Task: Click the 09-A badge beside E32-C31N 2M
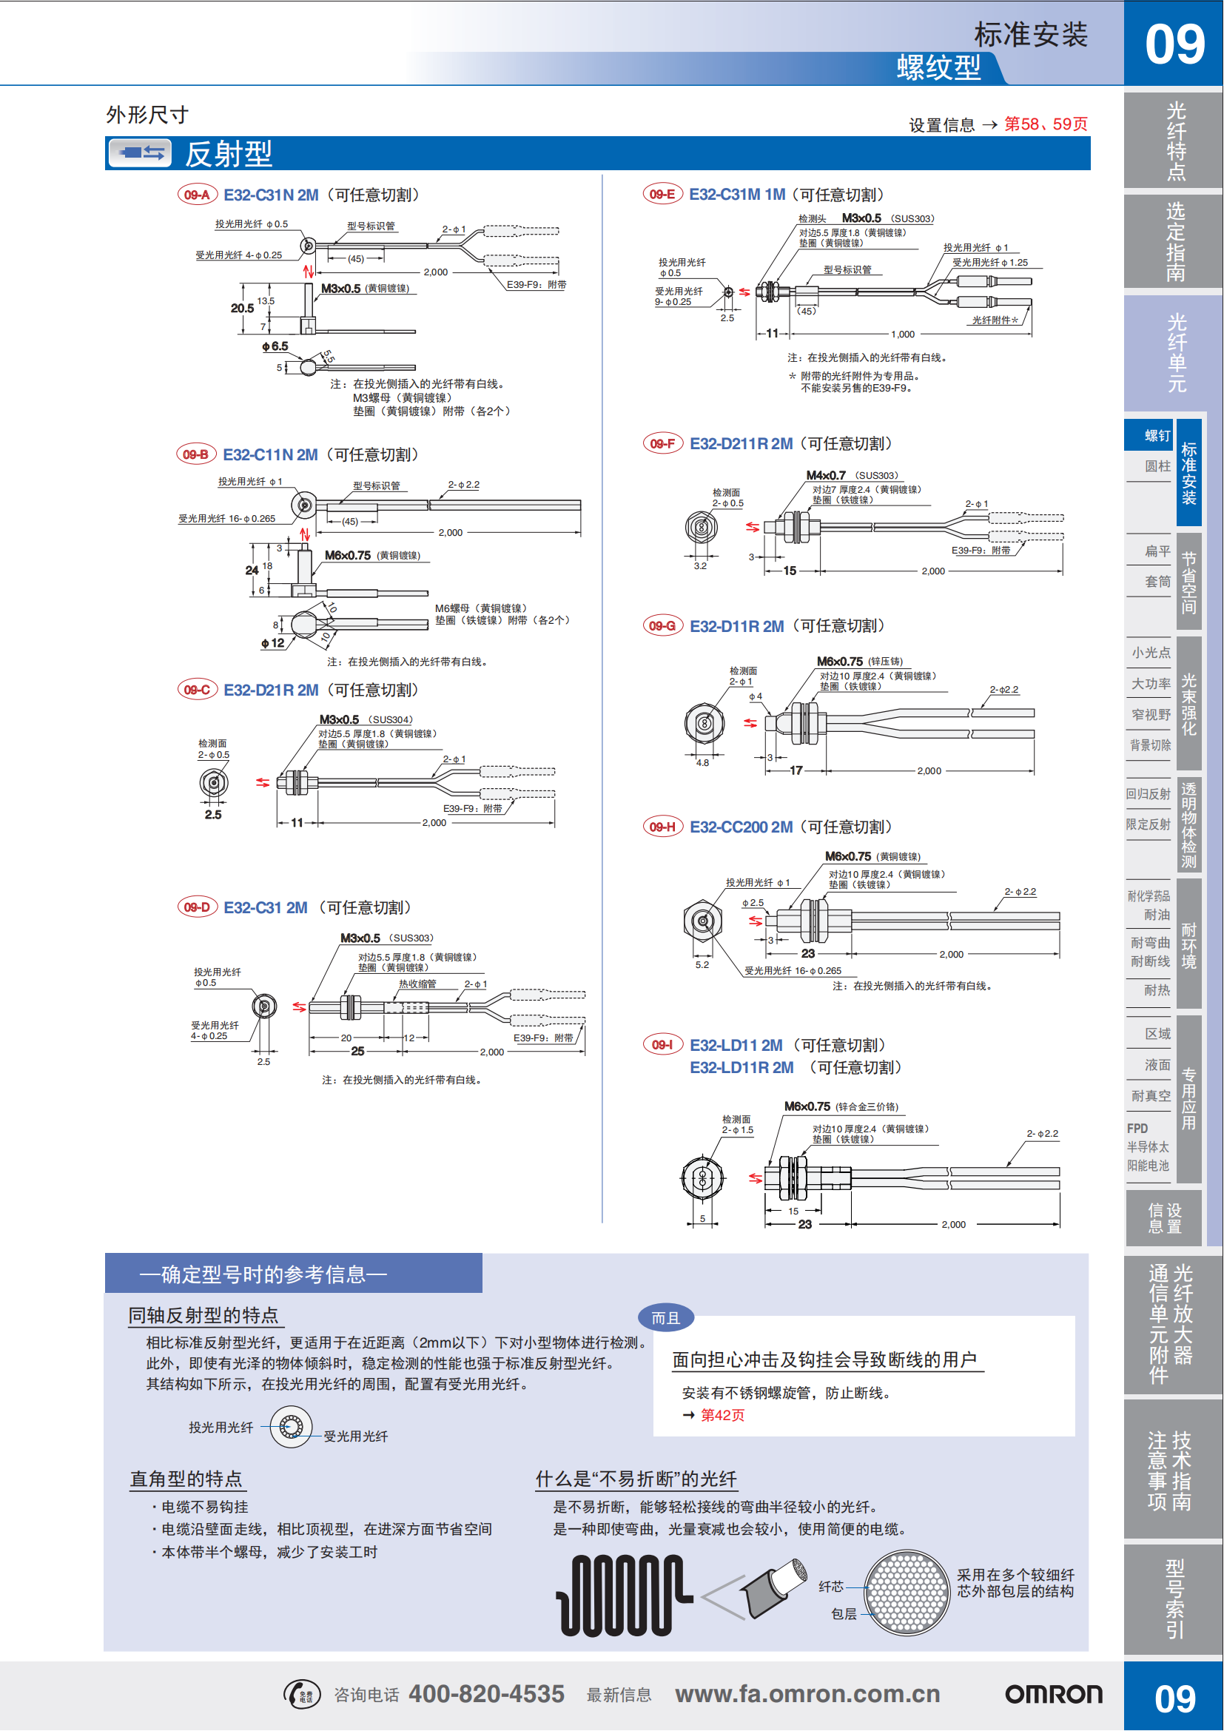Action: (197, 195)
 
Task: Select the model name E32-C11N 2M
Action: (270, 455)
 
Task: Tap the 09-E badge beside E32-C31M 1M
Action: (662, 195)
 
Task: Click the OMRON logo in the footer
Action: (1053, 1695)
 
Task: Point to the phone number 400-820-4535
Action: (486, 1694)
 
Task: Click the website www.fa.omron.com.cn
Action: (807, 1694)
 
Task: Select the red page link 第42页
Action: (722, 1415)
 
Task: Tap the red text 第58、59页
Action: (1046, 124)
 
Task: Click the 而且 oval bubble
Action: (665, 1318)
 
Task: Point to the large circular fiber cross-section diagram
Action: (906, 1592)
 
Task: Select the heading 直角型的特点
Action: (186, 1479)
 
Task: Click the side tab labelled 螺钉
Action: (1157, 436)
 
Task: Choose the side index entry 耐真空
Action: (1151, 1096)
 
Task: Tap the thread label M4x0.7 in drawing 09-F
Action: (826, 476)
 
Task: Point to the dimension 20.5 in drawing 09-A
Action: (242, 309)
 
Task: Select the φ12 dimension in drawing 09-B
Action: (273, 643)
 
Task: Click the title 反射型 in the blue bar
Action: (229, 155)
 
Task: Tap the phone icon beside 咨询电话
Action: (302, 1695)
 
